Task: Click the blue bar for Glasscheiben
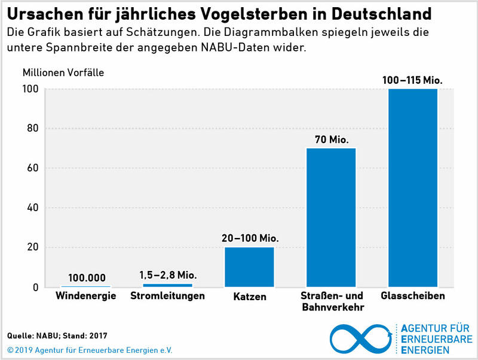(413, 188)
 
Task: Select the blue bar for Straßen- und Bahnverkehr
(331, 218)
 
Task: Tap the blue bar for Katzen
(249, 267)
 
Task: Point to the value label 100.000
(87, 277)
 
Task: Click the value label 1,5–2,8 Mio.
(168, 275)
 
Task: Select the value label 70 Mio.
(331, 139)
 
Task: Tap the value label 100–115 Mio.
(413, 80)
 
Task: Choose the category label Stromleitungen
(167, 296)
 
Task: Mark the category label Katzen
(250, 297)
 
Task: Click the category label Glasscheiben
(412, 296)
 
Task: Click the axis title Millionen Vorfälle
(63, 73)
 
